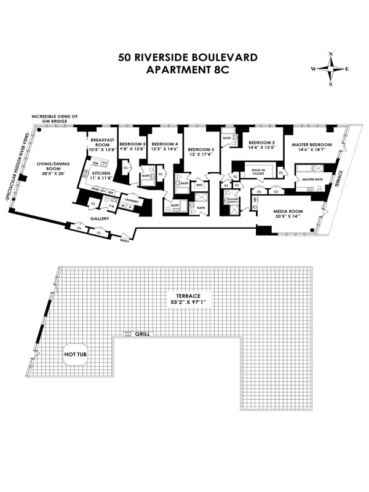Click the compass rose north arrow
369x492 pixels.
pos(330,57)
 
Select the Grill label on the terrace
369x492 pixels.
pos(143,334)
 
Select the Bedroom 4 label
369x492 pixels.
pos(164,146)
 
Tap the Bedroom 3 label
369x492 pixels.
pos(200,149)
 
